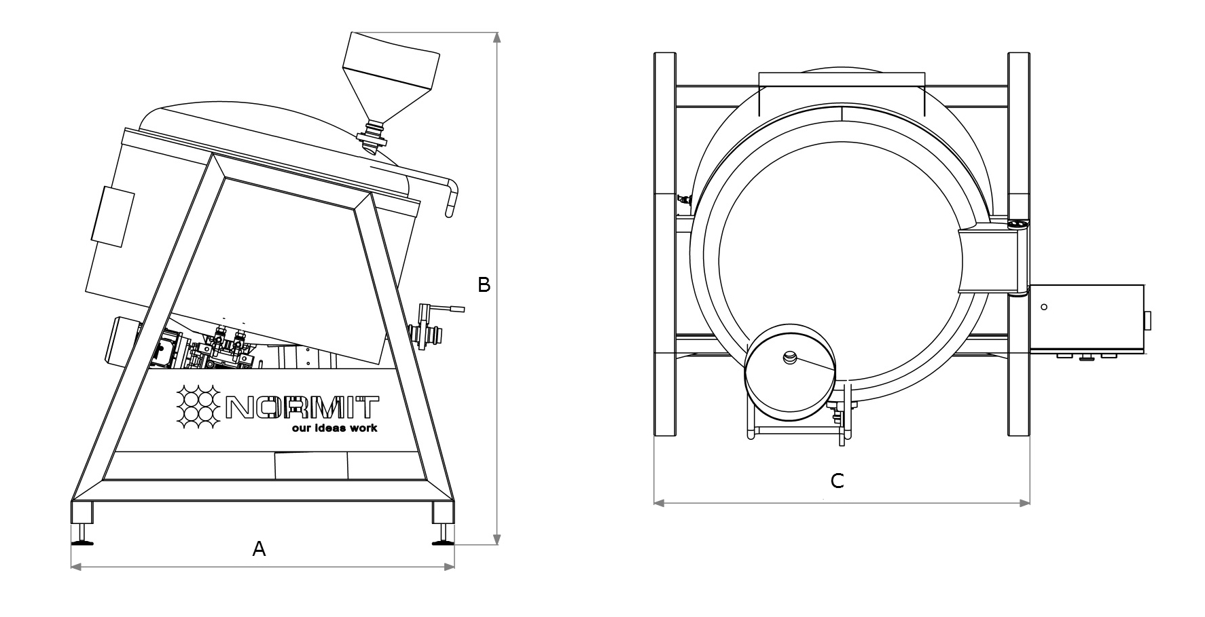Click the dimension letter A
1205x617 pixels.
[x=259, y=548]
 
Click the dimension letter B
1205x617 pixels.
[x=484, y=285]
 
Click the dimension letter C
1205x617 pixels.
[x=838, y=481]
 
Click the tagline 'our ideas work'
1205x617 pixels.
[x=334, y=428]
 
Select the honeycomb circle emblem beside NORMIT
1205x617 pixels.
[x=198, y=407]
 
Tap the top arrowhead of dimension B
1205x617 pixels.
[x=497, y=38]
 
